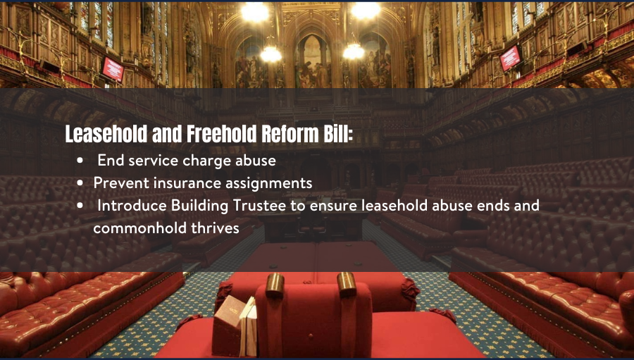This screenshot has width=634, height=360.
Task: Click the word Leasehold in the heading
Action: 106,134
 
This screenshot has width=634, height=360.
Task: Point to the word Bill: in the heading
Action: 338,134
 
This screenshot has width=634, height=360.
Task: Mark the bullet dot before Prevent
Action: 80,183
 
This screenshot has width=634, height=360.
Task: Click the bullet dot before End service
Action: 80,161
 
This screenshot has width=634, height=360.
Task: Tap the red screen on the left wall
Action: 113,70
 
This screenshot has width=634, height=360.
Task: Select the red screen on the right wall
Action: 510,58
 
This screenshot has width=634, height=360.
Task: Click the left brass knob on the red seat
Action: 275,285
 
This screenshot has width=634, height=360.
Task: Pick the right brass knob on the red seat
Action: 347,285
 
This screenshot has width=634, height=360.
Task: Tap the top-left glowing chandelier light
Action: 255,11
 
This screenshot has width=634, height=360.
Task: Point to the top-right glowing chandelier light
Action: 366,10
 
